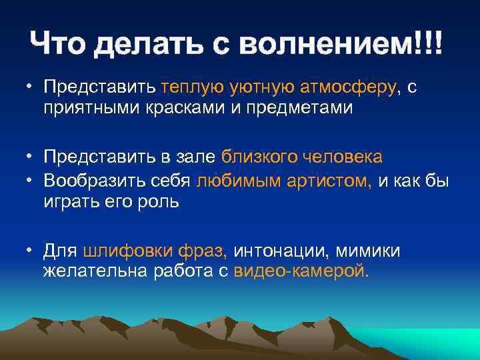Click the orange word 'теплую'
coord(193,88)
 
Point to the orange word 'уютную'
coord(259,88)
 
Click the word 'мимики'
coord(368,251)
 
